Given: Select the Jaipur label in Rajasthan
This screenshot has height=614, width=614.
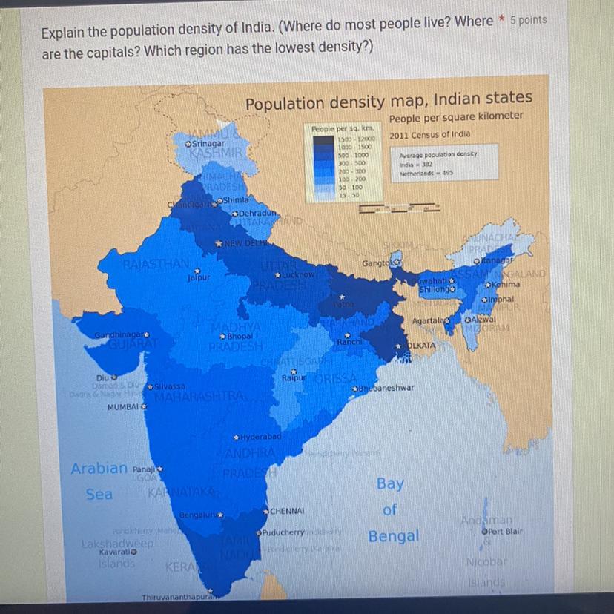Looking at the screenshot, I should pos(199,278).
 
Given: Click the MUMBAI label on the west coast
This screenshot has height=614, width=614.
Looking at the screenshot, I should pos(125,408).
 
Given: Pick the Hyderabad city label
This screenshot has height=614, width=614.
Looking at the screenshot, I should pos(260,438).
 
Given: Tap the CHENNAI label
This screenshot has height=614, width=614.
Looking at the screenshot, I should pos(290,511).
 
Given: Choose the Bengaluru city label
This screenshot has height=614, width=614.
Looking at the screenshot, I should pos(199,514).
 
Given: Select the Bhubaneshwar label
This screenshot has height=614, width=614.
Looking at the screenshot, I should pos(388,388).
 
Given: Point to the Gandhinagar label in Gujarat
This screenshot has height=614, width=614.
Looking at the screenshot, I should pos(118,336).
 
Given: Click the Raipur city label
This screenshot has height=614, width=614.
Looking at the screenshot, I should pos(294,378).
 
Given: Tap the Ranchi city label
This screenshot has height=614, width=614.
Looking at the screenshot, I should pos(349,342).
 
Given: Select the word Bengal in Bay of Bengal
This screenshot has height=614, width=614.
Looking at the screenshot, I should pos(393,535).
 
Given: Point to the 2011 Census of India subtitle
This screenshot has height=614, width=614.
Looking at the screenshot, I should pos(430,134).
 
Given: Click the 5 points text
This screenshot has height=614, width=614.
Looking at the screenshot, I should pos(529,20).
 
